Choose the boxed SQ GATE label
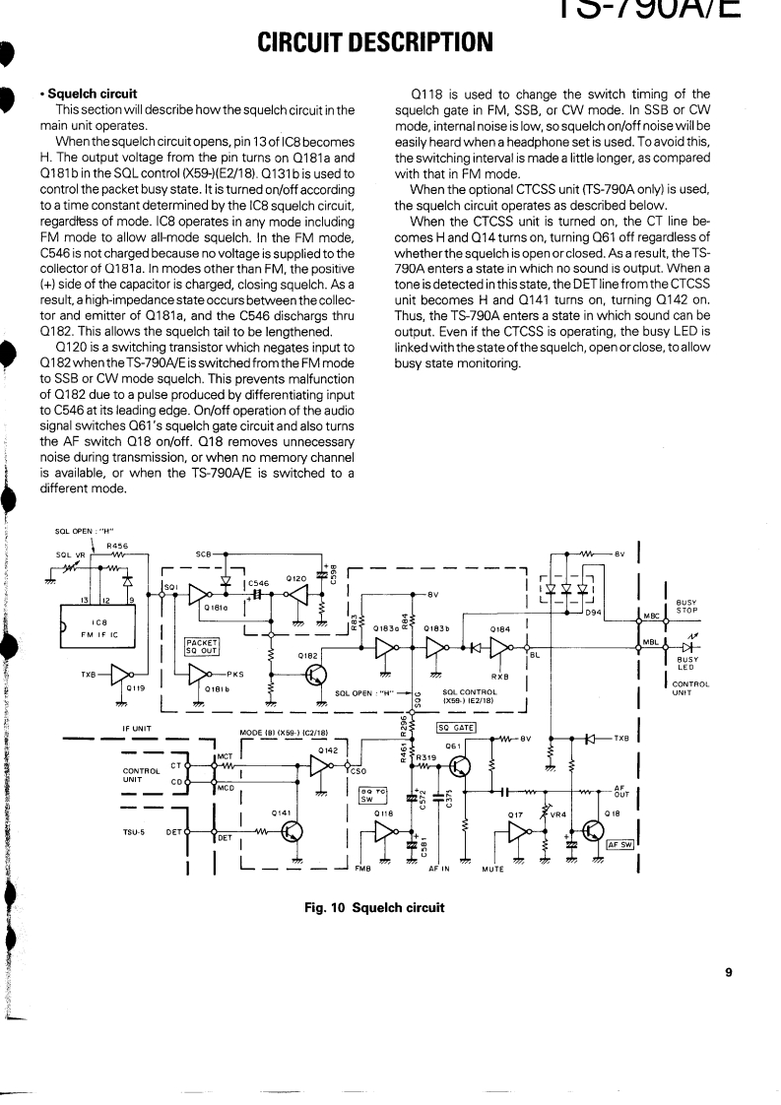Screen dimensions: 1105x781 point(456,728)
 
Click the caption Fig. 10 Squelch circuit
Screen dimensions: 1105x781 point(375,907)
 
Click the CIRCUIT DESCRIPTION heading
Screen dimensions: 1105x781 point(374,41)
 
